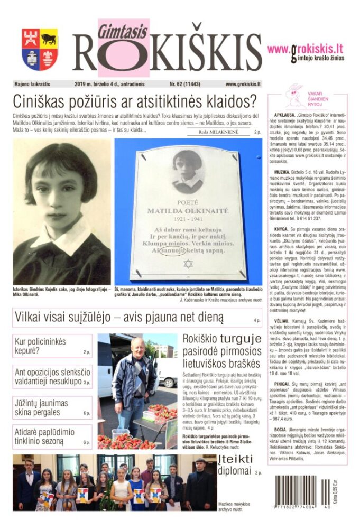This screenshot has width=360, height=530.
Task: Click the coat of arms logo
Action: (40, 50)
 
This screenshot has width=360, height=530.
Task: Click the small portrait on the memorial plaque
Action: (188, 172)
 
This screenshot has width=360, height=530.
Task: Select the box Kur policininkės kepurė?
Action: (52, 346)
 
